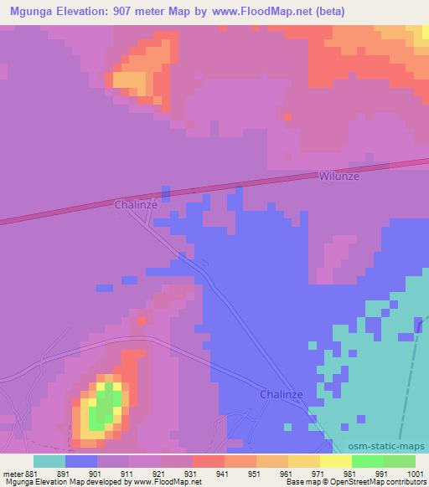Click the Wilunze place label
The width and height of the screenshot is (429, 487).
[339, 177]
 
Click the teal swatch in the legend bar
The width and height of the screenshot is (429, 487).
[49, 460]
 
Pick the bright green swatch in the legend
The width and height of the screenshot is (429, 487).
[368, 460]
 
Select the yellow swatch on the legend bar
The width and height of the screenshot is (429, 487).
[336, 460]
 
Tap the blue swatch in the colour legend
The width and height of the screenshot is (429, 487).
[81, 460]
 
